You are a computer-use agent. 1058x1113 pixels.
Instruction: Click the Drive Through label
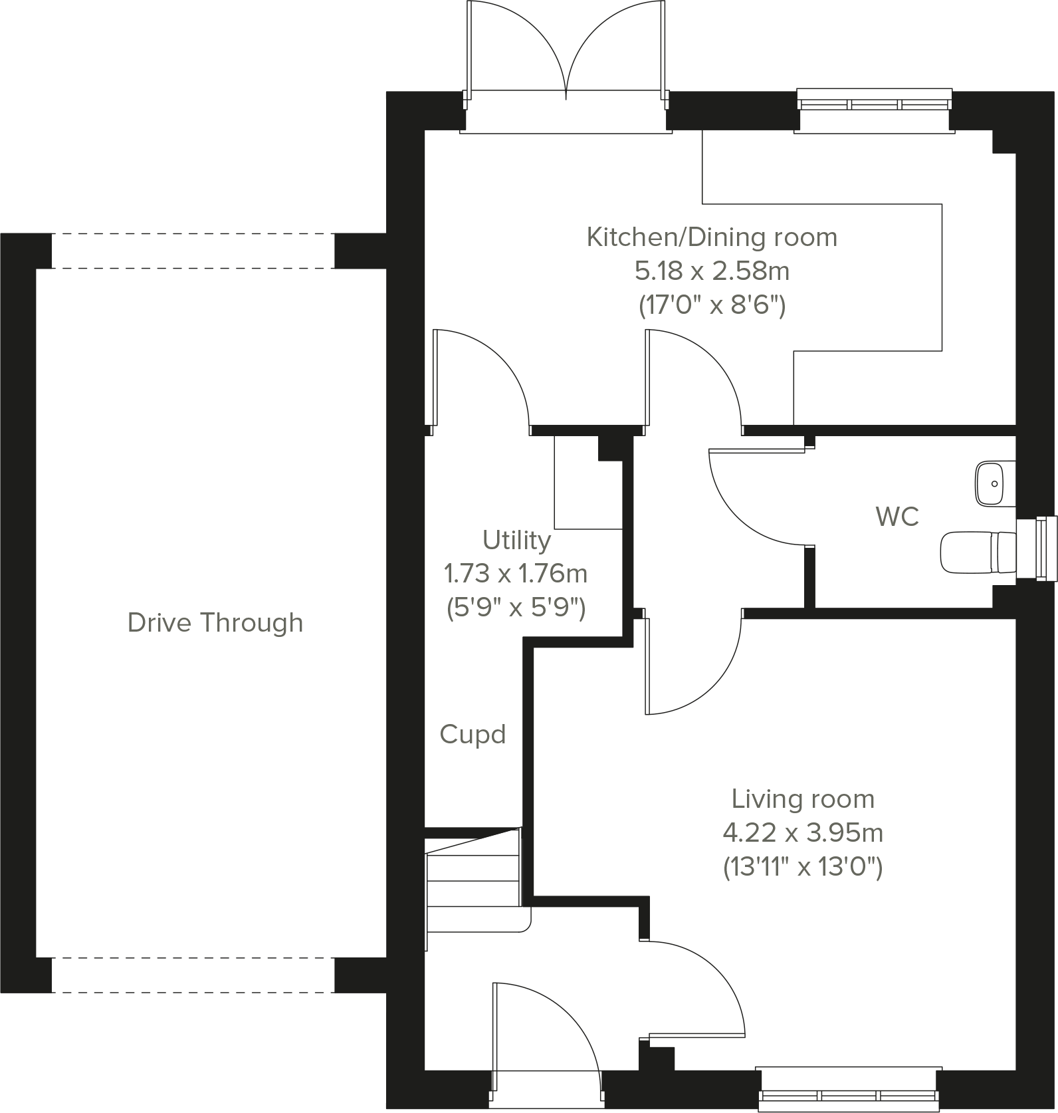(215, 623)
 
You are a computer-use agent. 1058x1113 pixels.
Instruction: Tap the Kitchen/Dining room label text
(712, 237)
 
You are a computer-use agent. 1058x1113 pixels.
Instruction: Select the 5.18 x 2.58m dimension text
(712, 271)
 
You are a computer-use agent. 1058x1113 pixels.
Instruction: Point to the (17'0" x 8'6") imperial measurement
(712, 306)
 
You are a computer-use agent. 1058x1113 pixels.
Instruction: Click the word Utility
(516, 541)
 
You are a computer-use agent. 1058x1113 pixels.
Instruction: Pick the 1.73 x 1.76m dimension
(516, 573)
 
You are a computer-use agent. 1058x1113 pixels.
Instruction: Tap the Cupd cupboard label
(473, 735)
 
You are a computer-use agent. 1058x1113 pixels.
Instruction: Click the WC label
(897, 517)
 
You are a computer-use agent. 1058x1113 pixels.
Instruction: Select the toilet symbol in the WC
(978, 552)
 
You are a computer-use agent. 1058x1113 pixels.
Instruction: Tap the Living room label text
(803, 799)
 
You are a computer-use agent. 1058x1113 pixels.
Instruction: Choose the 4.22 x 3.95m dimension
(803, 832)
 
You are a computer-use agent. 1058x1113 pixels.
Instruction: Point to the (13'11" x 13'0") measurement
(803, 867)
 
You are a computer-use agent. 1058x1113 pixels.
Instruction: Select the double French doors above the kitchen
(566, 53)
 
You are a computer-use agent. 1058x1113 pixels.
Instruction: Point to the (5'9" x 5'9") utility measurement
(516, 608)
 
